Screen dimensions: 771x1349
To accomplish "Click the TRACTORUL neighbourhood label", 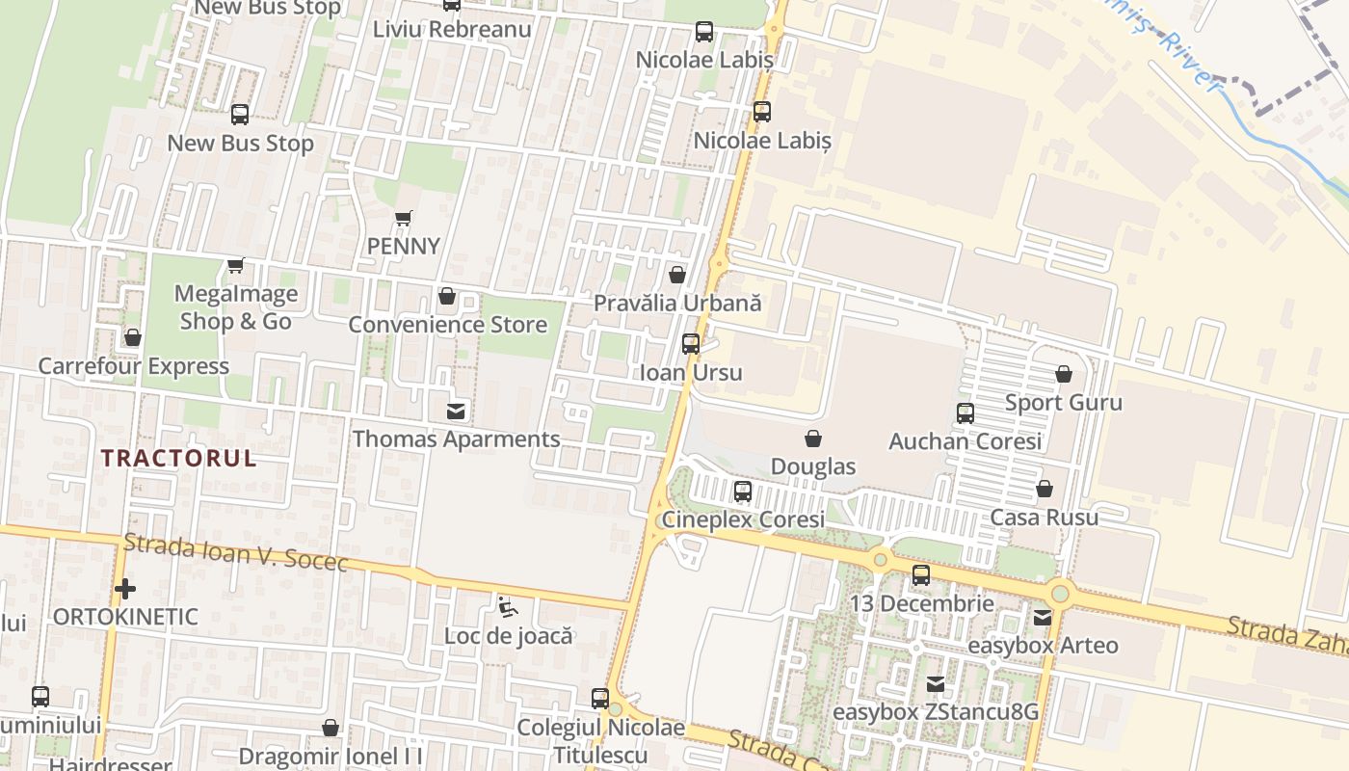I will [179, 458].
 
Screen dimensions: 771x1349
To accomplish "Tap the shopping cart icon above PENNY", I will [404, 219].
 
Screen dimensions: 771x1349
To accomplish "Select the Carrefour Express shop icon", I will [133, 337].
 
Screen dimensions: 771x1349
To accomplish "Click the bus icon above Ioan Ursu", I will [691, 343].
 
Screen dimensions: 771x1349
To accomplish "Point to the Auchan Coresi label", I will [965, 441].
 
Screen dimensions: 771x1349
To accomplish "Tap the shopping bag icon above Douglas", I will [813, 439].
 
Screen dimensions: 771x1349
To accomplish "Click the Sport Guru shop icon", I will [1064, 374].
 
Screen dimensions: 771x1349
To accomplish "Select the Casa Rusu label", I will [1044, 518].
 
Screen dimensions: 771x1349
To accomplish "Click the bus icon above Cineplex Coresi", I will [742, 492].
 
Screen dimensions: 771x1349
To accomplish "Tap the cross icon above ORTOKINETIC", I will [124, 588].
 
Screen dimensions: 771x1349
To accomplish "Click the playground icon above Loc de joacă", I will [507, 607].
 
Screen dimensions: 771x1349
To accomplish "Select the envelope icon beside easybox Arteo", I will [1043, 618].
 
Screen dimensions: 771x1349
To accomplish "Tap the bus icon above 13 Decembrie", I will [921, 575].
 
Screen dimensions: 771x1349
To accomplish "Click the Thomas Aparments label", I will [456, 439].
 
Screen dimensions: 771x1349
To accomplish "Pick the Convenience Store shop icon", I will [446, 296].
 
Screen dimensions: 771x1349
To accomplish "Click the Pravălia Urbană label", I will [677, 303].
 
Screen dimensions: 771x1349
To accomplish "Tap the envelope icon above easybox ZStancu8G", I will [935, 684].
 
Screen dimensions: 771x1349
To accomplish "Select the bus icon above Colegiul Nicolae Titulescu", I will [600, 699].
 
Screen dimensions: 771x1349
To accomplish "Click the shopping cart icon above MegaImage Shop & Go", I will [235, 265].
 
